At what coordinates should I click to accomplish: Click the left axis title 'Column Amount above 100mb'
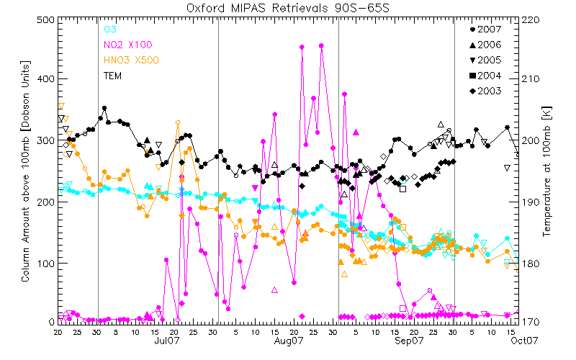coord(25,170)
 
